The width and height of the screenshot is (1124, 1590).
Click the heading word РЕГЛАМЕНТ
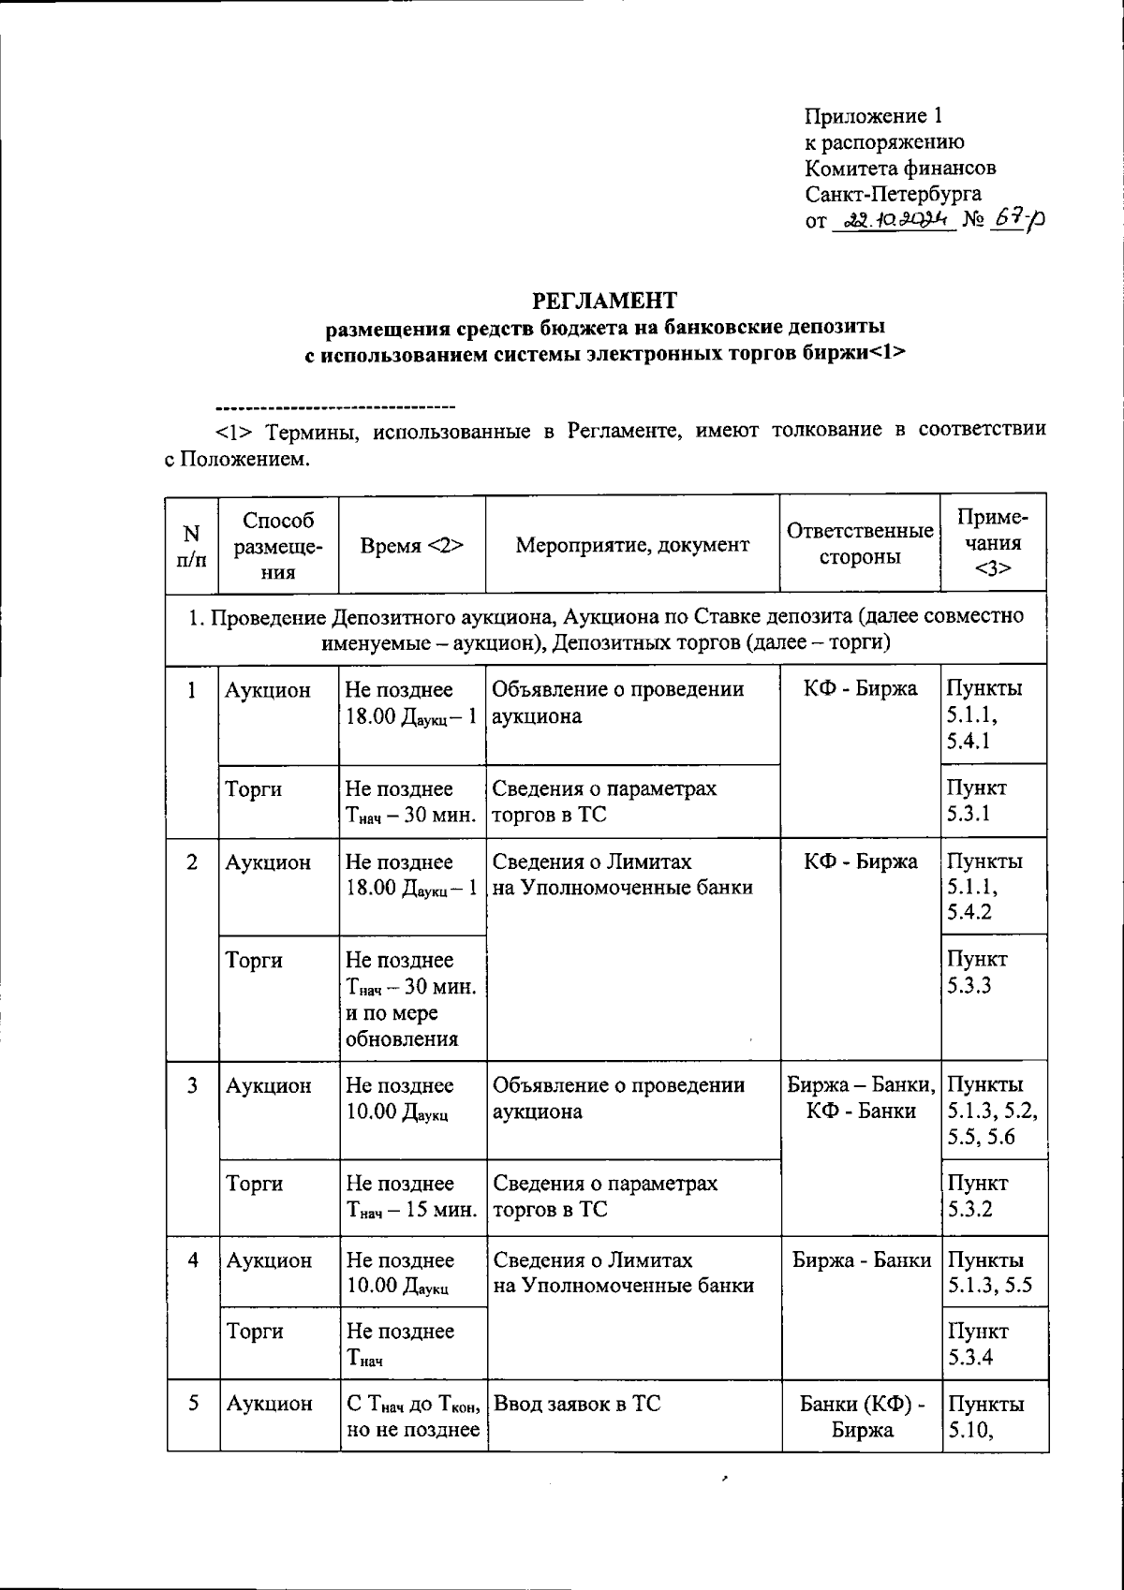click(604, 301)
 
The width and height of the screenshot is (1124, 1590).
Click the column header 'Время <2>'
click(412, 545)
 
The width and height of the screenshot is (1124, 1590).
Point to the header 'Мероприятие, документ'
click(632, 545)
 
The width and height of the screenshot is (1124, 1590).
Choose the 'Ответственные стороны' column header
click(860, 544)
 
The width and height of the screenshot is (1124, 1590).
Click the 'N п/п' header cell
click(191, 546)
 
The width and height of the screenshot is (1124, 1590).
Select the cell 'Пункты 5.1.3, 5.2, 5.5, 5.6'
click(993, 1111)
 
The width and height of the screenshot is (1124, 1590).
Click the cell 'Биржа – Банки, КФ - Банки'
click(860, 1098)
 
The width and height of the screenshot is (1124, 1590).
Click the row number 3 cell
click(192, 1085)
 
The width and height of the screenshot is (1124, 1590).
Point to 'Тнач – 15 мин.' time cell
click(412, 1197)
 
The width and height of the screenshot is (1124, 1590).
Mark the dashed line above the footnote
click(334, 407)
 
